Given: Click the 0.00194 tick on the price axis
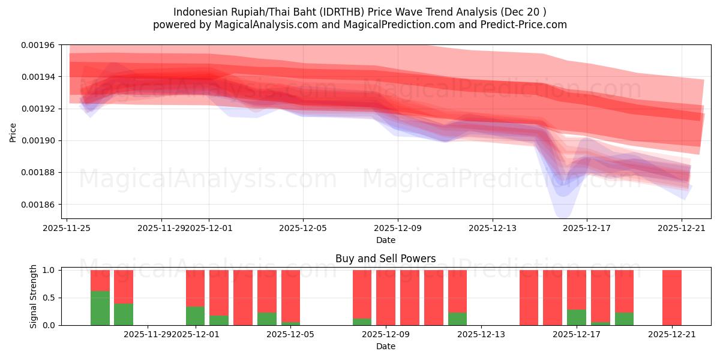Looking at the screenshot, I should [x=38, y=77].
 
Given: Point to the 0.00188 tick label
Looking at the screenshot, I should [x=38, y=173].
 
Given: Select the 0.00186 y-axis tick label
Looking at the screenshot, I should [x=38, y=205].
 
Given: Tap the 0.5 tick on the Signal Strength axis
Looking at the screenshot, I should [x=50, y=298].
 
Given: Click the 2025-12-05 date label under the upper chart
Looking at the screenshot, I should [x=303, y=228].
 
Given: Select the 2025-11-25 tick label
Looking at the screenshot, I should [x=67, y=228].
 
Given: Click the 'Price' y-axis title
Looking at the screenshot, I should [x=13, y=132].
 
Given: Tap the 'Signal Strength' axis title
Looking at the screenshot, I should [x=34, y=296].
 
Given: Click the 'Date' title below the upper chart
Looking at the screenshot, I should [x=385, y=240].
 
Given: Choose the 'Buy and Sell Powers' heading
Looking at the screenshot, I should [x=385, y=259].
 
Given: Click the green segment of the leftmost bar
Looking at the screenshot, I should [x=100, y=308].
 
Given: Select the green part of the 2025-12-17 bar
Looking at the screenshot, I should [x=577, y=317].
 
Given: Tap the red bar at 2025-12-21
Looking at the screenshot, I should [x=672, y=297].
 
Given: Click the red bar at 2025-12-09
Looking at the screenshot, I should [x=386, y=297].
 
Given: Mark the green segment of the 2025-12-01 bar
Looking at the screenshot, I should [x=195, y=316].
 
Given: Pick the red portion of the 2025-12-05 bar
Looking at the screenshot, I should [x=290, y=295].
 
